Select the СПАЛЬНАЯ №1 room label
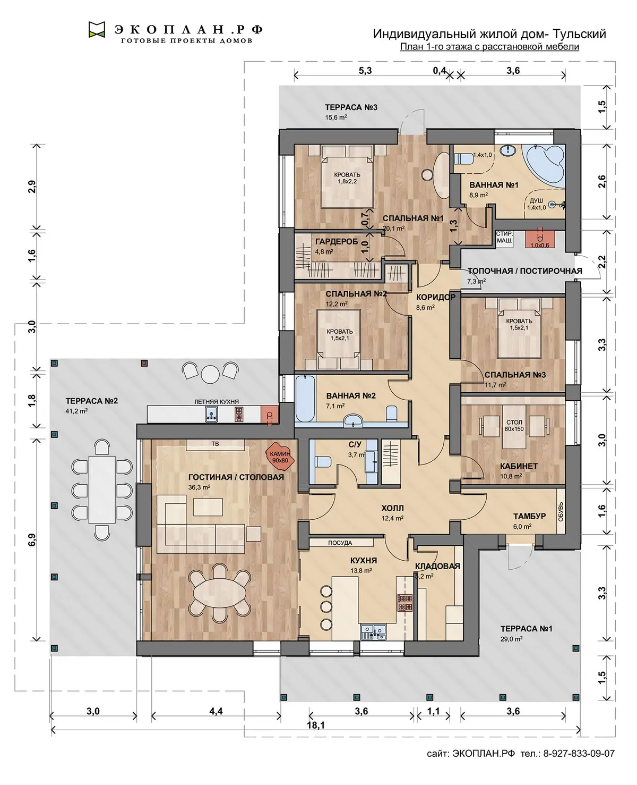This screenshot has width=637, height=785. click(x=413, y=218)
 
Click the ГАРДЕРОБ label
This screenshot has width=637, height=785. click(x=337, y=242)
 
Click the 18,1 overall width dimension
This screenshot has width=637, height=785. click(x=316, y=725)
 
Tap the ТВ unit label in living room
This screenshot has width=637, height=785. click(x=216, y=444)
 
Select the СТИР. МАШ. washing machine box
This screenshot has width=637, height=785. click(x=504, y=238)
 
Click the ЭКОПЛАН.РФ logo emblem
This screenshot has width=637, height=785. click(x=97, y=29)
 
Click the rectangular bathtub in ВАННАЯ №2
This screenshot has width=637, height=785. click(x=305, y=399)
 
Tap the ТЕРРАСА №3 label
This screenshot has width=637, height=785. click(x=351, y=107)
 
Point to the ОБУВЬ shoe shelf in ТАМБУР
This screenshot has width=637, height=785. click(x=561, y=511)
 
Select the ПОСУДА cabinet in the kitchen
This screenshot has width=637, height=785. click(x=341, y=543)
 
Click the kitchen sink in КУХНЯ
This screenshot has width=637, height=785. click(x=373, y=632)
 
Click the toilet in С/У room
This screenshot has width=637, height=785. click(x=323, y=461)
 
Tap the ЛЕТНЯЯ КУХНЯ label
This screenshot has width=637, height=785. click(x=217, y=402)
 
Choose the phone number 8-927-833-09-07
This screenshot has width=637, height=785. click(x=579, y=753)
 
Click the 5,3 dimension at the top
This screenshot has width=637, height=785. click(x=365, y=70)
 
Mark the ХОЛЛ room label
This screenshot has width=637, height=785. click(x=392, y=508)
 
